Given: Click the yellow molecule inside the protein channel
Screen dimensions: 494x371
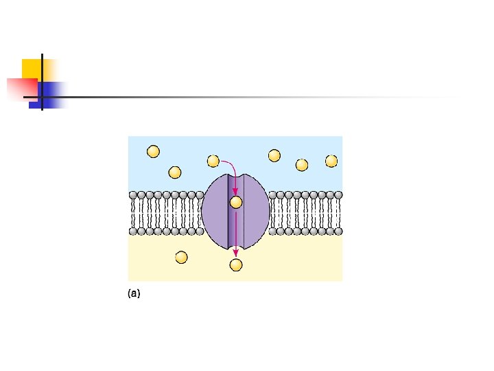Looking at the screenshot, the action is (236, 202).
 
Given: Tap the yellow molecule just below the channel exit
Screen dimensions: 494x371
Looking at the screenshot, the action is (236, 265).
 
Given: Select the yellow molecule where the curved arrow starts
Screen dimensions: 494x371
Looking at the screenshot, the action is (213, 161).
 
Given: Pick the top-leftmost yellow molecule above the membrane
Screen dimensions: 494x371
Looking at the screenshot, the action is (153, 151).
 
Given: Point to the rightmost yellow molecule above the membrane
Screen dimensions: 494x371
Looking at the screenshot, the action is (331, 161).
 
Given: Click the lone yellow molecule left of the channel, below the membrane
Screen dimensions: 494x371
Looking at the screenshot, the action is (181, 257).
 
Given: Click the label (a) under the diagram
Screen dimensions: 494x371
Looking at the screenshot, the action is (134, 293).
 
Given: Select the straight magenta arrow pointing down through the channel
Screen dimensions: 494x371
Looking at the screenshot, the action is (236, 234).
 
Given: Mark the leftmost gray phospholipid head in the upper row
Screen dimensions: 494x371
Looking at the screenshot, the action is (133, 194).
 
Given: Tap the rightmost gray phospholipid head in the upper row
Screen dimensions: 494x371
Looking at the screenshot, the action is (338, 194).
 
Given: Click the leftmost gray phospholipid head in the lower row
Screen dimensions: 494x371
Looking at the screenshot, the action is (133, 232).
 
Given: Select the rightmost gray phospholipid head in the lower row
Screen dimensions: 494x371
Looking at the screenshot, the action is (338, 232).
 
